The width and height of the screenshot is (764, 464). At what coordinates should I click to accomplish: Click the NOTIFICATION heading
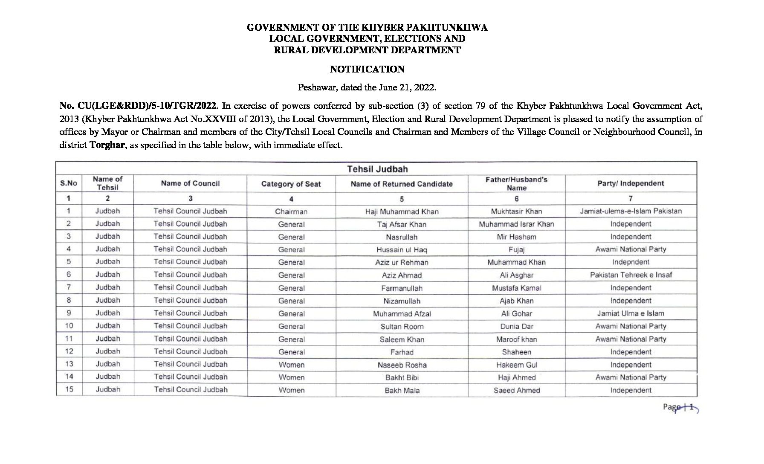367,69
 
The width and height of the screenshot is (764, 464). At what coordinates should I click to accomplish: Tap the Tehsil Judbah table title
377,169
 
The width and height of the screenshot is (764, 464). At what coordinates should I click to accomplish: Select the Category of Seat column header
291,184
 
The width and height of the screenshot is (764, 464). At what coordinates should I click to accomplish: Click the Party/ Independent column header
631,183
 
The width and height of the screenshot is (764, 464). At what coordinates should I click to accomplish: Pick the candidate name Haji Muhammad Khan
402,212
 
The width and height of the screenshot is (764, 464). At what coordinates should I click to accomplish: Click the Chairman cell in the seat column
291,212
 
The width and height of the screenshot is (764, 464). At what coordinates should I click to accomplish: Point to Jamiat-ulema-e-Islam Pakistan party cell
631,211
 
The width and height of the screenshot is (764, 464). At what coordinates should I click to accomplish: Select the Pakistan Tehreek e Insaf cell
631,275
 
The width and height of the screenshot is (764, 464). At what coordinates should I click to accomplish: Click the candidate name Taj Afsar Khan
402,224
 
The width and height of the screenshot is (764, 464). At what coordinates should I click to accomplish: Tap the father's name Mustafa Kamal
516,288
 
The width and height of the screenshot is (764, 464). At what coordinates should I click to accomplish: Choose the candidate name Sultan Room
402,327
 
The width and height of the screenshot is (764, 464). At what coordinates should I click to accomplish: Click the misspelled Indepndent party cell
631,262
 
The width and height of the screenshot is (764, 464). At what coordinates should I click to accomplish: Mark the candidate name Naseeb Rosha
402,365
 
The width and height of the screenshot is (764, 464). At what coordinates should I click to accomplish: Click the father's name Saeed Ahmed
516,390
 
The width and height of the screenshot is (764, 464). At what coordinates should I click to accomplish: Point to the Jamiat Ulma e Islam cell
631,313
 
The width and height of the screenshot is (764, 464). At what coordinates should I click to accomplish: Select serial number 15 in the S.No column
69,389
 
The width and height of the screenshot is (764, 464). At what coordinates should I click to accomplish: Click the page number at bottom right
680,407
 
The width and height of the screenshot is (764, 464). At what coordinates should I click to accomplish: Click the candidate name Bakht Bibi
402,377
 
